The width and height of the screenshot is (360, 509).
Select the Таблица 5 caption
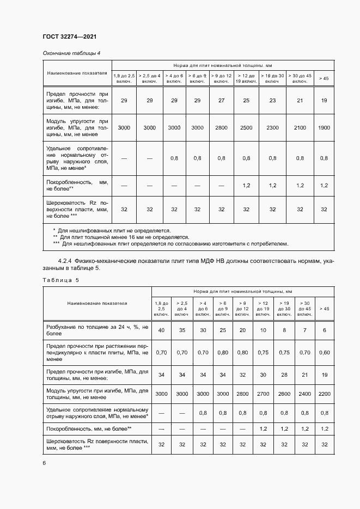coord(60,280)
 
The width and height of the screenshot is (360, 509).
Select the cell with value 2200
coord(325,393)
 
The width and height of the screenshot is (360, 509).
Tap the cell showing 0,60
coord(325,352)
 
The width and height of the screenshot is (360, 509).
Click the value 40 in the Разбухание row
coord(161,330)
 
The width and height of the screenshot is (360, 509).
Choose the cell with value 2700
coord(263,393)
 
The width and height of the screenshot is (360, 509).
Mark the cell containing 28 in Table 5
coord(284,375)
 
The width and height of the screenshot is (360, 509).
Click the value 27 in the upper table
coord(221,101)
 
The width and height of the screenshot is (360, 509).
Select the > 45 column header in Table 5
coord(325,309)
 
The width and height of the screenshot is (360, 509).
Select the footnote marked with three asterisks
coord(173,244)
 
